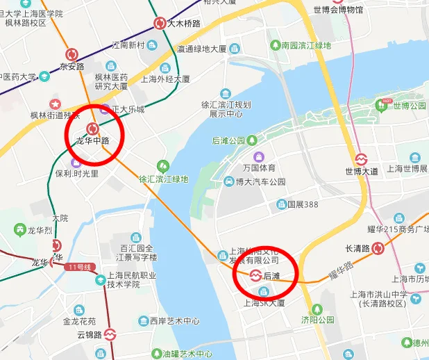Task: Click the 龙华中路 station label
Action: coord(92,141)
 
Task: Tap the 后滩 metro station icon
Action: coord(255,276)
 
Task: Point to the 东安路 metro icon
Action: coord(71,54)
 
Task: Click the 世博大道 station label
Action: coord(362,171)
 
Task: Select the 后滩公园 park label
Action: coord(228,140)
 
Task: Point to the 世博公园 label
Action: coord(410,106)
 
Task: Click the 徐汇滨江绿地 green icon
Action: coord(163,166)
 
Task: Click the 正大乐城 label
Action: coord(130,110)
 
